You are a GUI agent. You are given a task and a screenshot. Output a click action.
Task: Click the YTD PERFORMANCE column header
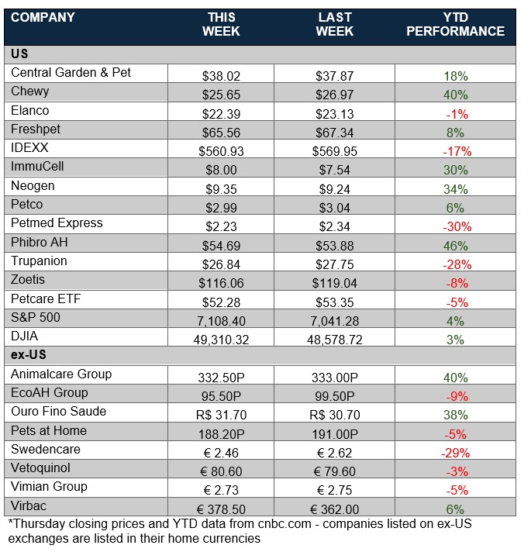pos(455,24)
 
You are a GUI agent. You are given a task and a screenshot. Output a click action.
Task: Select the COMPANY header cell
pos(43,17)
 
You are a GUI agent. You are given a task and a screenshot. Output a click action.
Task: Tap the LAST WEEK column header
pos(335,24)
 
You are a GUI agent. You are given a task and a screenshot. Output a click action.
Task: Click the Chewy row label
pos(30,91)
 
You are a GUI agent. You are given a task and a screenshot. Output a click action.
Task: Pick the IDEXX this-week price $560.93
pos(221,151)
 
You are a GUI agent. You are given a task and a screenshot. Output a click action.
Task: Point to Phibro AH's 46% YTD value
pos(455,246)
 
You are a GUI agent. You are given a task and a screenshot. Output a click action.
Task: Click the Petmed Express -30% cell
pos(455,226)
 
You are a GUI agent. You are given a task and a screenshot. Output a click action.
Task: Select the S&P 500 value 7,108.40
pos(221,321)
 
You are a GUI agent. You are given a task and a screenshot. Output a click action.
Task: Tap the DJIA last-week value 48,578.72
pos(335,340)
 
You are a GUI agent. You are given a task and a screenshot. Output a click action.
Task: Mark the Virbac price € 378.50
pos(221,509)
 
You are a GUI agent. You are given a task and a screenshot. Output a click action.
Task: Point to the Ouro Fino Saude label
pos(59,412)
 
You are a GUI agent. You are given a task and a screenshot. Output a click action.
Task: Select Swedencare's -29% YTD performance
pos(455,453)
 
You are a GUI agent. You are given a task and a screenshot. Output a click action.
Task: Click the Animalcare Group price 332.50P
pos(221,378)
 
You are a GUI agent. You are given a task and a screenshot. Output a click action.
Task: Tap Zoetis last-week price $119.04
pos(335,283)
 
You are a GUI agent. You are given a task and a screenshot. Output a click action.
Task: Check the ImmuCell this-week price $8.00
pos(221,170)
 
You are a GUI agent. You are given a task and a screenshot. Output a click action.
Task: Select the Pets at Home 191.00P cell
pos(335,434)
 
